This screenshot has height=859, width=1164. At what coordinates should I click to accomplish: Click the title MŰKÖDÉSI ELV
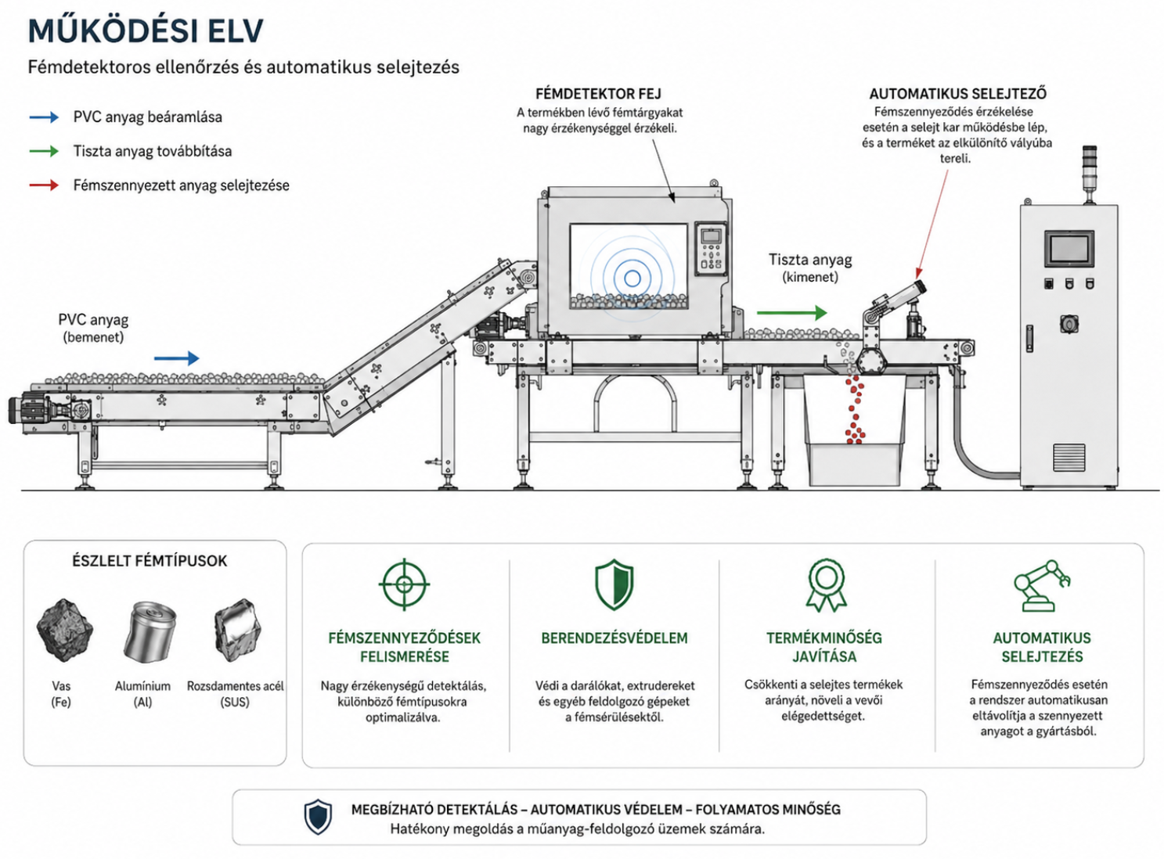point(146,31)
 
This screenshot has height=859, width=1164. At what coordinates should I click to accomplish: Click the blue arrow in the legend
point(44,117)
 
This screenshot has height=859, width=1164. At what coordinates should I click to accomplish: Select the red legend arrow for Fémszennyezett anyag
point(44,185)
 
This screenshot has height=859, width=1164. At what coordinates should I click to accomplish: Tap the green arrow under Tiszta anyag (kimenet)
point(791,313)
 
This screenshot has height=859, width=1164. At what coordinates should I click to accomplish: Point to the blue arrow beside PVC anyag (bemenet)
point(176,358)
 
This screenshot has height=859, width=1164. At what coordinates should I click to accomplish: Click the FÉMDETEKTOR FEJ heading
point(598,94)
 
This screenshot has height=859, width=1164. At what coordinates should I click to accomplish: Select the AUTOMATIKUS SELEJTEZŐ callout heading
point(958,94)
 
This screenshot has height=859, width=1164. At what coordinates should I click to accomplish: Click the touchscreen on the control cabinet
point(1069,250)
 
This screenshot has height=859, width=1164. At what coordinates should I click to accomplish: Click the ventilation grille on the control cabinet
point(1069,457)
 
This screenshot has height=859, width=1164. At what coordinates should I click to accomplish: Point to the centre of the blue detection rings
point(632,278)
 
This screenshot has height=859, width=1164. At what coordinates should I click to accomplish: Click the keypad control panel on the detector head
point(711,249)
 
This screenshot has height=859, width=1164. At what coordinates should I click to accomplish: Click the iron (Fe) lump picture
point(64,631)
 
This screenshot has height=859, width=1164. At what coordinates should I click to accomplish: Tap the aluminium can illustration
point(150,632)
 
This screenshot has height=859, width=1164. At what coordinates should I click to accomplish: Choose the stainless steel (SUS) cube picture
point(237,630)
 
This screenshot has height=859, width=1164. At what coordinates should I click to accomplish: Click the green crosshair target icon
point(404,584)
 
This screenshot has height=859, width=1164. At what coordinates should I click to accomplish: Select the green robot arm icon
point(1042,586)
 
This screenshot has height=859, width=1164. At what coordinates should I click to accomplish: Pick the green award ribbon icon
point(826,585)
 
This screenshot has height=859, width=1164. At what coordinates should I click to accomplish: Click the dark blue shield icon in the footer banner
point(318,817)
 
